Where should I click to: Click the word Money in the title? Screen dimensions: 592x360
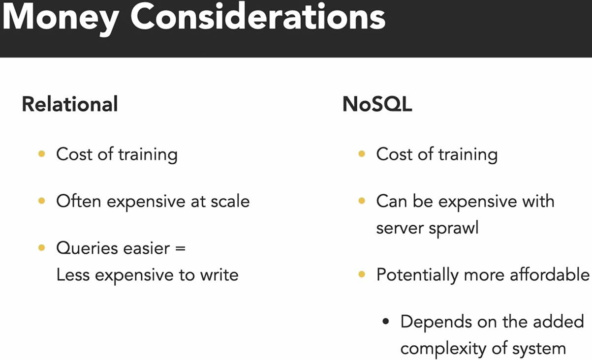pyautogui.click(x=61, y=19)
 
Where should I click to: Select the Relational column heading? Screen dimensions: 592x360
pyautogui.click(x=70, y=104)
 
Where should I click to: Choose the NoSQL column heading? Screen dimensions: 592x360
pyautogui.click(x=377, y=105)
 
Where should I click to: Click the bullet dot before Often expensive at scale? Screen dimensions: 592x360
pyautogui.click(x=41, y=201)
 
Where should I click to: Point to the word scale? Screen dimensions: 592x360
pyautogui.click(x=230, y=201)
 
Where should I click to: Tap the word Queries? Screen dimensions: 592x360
pyautogui.click(x=87, y=249)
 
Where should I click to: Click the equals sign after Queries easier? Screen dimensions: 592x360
pyautogui.click(x=180, y=249)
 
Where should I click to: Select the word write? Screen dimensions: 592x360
pyautogui.click(x=219, y=275)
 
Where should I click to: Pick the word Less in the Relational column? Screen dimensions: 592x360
pyautogui.click(x=73, y=275)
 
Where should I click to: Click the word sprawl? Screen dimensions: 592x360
pyautogui.click(x=454, y=228)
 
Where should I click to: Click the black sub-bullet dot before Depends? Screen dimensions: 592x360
pyautogui.click(x=386, y=322)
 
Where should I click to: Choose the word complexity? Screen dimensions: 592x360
pyautogui.click(x=443, y=349)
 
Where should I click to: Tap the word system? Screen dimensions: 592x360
pyautogui.click(x=539, y=349)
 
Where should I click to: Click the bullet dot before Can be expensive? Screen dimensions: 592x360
pyautogui.click(x=362, y=201)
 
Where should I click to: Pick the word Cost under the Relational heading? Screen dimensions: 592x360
pyautogui.click(x=74, y=154)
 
